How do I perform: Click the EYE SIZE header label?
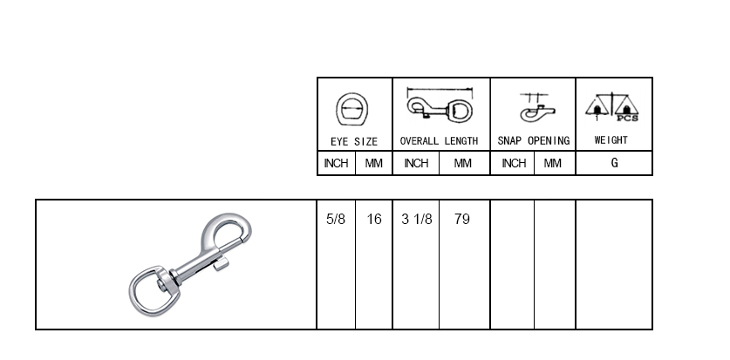pyautogui.click(x=354, y=140)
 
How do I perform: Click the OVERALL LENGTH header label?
pyautogui.click(x=439, y=140)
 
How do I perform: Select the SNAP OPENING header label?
pyautogui.click(x=533, y=140)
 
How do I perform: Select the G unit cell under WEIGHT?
pyautogui.click(x=614, y=163)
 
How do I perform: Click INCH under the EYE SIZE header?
pyautogui.click(x=336, y=163)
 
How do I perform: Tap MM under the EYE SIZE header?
pyautogui.click(x=374, y=163)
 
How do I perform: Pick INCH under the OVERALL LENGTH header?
pyautogui.click(x=416, y=163)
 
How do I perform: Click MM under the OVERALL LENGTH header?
pyautogui.click(x=463, y=163)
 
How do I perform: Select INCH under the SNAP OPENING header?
pyautogui.click(x=514, y=163)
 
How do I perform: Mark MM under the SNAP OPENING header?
pyautogui.click(x=553, y=163)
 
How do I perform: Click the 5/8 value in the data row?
pyautogui.click(x=336, y=220)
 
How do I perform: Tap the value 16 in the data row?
pyautogui.click(x=374, y=220)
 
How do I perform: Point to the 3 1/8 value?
pyautogui.click(x=417, y=220)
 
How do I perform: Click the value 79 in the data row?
pyautogui.click(x=462, y=220)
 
